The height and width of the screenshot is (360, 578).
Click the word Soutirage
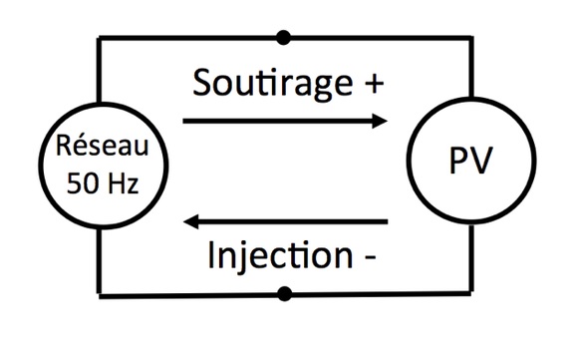262,82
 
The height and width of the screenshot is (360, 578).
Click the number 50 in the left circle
79,182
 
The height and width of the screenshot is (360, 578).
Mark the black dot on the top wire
285,38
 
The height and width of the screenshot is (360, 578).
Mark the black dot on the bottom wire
285,293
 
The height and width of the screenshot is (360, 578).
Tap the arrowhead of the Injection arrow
194,221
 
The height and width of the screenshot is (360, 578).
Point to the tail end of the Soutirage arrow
185,122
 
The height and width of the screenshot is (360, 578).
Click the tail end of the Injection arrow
387,221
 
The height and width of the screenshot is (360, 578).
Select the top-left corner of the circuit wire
97,39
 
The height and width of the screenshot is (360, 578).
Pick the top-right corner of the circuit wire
468,39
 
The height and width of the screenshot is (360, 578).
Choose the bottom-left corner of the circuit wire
97,293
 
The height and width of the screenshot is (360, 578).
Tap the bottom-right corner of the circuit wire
468,293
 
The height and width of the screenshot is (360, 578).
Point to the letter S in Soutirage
203,82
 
